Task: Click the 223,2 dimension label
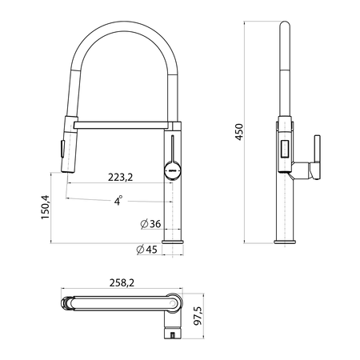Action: tap(120, 177)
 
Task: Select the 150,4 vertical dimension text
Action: tap(46, 207)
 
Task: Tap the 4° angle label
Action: tap(118, 201)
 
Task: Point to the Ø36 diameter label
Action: tap(150, 224)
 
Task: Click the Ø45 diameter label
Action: tap(146, 250)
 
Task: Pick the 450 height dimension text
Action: tap(239, 132)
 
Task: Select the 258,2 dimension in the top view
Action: tap(122, 282)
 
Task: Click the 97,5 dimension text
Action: tap(198, 316)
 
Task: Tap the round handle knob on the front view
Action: tap(172, 170)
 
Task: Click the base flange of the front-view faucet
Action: tap(173, 242)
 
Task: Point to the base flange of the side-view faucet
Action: tap(285, 242)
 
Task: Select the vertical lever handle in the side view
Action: tap(317, 157)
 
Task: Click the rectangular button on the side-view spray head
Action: tap(285, 150)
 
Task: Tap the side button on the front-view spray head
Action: tap(62, 149)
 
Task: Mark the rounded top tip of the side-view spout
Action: tap(285, 22)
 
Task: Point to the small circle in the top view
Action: tap(173, 303)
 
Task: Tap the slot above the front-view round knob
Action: tap(172, 149)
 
